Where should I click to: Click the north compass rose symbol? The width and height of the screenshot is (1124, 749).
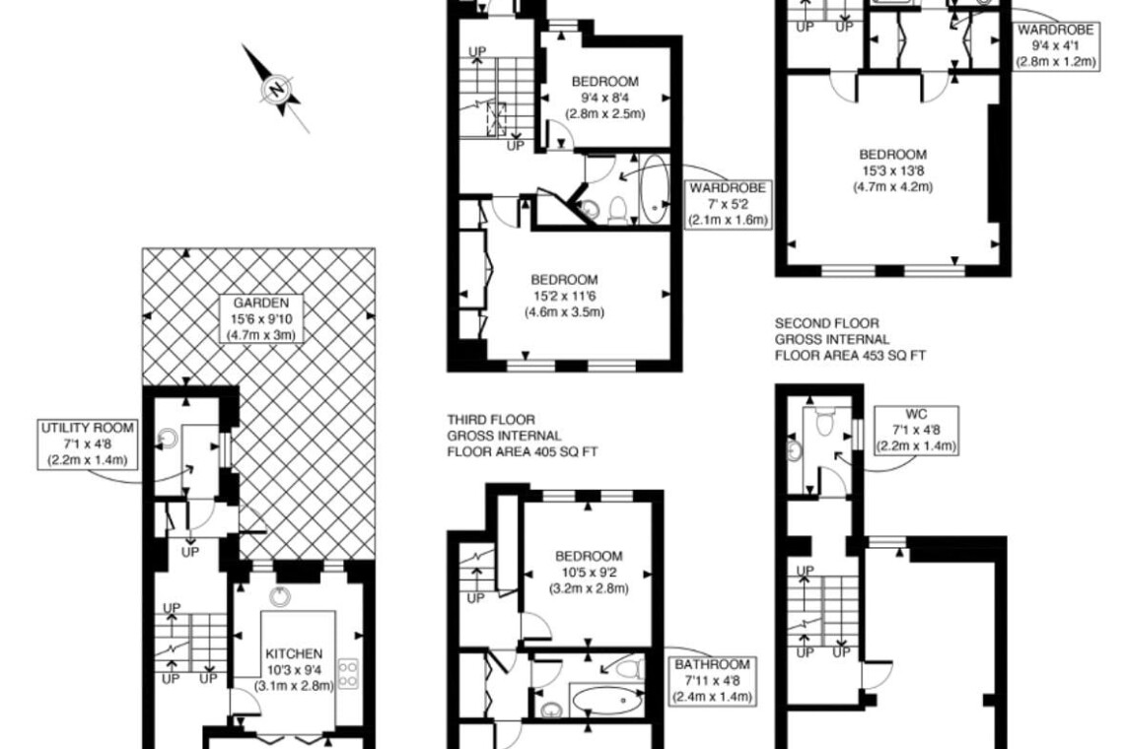point(277,89)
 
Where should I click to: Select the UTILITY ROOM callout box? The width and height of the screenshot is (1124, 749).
point(88,443)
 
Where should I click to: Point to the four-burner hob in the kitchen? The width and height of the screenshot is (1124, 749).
point(348,673)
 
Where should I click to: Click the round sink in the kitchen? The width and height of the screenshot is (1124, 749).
point(279,596)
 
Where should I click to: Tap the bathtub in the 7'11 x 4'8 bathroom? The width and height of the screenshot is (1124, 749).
point(605,698)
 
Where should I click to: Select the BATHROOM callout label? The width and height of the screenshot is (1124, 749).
point(712,680)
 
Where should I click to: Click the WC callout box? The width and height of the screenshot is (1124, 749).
point(916,430)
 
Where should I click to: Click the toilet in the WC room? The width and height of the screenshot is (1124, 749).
point(825,421)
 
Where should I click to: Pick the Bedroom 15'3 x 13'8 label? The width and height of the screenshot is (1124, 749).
point(892,170)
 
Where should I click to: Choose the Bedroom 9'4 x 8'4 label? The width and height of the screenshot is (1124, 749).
point(605,98)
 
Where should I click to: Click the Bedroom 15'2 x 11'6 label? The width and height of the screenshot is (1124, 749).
point(564,296)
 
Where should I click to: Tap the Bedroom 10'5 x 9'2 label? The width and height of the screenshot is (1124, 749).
point(589,572)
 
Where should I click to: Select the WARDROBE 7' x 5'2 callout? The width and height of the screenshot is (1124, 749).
point(727,204)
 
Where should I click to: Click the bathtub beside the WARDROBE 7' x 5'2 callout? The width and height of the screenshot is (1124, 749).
point(653,188)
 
